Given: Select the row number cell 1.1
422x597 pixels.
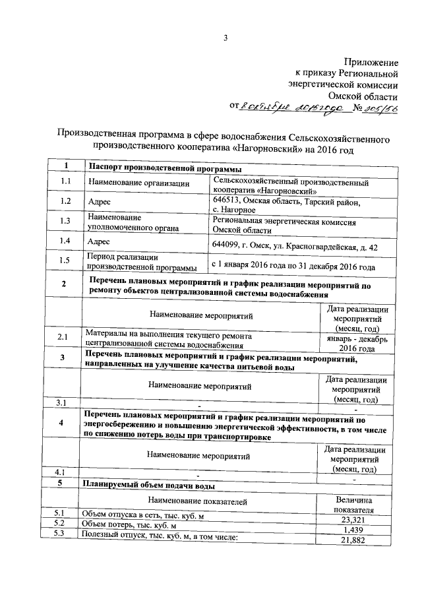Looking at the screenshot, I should point(64,182).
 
